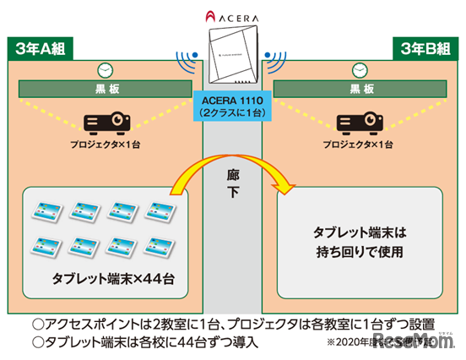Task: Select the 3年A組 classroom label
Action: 37,46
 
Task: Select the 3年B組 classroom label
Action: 425,46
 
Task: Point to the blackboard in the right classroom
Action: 355,88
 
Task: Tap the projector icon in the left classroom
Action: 106,123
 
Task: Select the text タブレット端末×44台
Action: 106,277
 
